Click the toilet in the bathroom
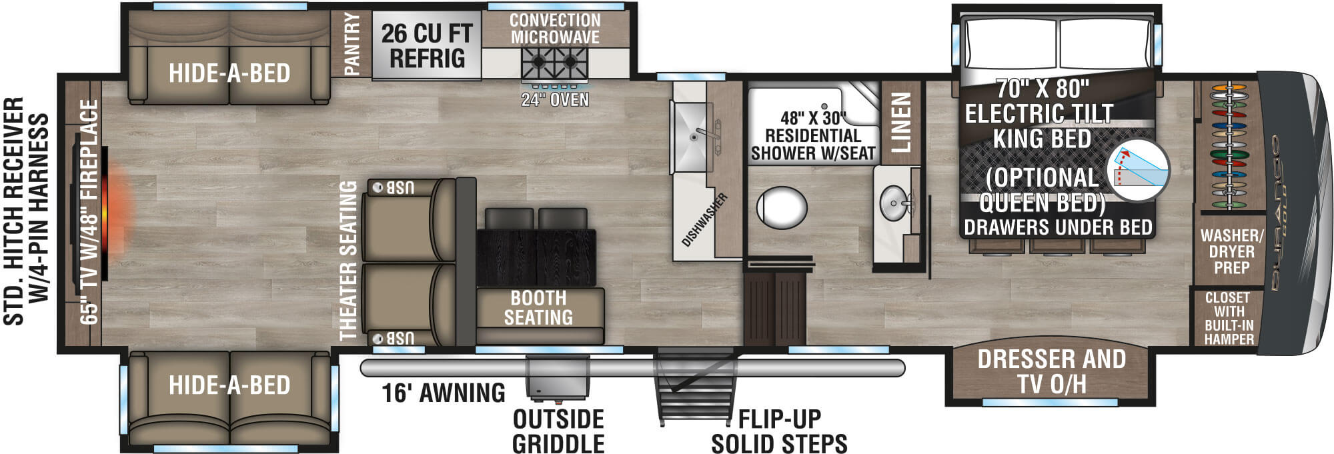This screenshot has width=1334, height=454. coord(782,207)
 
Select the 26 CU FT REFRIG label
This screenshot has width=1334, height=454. coord(427,45)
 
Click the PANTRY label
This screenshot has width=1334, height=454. coord(352,43)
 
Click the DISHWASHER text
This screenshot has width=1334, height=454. coord(705,219)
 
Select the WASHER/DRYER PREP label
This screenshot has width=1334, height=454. coord(1231,251)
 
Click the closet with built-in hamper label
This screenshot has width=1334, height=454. coord(1229,318)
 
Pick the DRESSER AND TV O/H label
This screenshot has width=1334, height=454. coord(1051,371)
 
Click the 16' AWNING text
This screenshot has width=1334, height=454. coord(444,393)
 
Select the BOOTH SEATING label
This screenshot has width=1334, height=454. coord(538,307)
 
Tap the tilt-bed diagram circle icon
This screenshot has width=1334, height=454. coord(1138,171)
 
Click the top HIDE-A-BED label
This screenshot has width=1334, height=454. coord(229,73)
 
